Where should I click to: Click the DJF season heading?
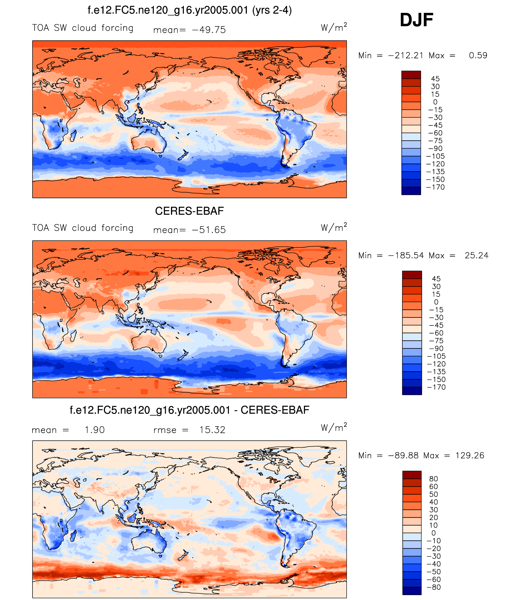[416, 20]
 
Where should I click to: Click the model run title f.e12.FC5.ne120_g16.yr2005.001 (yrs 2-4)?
[189, 10]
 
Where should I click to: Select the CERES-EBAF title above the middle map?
[189, 211]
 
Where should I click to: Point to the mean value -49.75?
[209, 30]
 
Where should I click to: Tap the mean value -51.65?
[209, 230]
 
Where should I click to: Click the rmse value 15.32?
[212, 430]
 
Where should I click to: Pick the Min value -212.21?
[406, 55]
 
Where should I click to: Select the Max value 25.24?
[477, 256]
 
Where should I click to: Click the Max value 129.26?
[470, 456]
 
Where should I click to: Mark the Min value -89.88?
[403, 456]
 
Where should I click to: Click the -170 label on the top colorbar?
[435, 187]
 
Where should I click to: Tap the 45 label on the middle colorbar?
[436, 279]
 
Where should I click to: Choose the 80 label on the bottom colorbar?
[434, 479]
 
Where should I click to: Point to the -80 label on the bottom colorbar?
[434, 587]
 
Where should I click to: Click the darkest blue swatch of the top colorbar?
[411, 191]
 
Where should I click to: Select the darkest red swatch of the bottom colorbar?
[412, 475]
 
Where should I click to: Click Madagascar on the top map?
[73, 135]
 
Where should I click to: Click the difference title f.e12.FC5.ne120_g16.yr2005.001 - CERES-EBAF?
[189, 410]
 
